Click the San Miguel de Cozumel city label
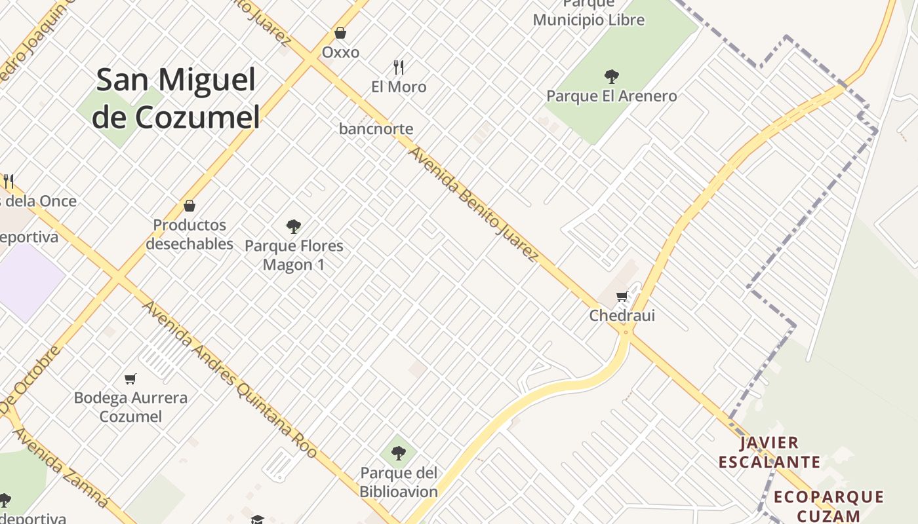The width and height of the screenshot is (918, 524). pyautogui.click(x=176, y=98)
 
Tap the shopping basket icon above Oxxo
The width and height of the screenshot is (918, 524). pyautogui.click(x=340, y=32)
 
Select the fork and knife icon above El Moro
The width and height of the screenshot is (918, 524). pyautogui.click(x=399, y=67)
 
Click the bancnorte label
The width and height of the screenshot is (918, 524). pyautogui.click(x=376, y=129)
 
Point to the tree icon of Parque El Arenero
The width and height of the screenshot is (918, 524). pyautogui.click(x=612, y=76)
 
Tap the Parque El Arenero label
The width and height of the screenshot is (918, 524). pyautogui.click(x=612, y=96)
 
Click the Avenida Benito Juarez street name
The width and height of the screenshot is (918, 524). pyautogui.click(x=474, y=204)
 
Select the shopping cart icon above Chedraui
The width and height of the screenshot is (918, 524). pyautogui.click(x=622, y=296)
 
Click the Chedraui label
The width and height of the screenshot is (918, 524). pyautogui.click(x=622, y=316)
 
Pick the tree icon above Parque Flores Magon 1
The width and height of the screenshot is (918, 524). pyautogui.click(x=294, y=227)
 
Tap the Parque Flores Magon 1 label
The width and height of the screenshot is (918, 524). pyautogui.click(x=294, y=255)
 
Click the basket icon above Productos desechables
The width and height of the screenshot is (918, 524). pyautogui.click(x=190, y=206)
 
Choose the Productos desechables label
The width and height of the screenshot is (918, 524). pyautogui.click(x=190, y=234)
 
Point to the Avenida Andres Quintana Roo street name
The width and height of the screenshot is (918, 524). pyautogui.click(x=229, y=380)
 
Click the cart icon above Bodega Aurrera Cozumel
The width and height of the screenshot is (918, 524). pyautogui.click(x=130, y=379)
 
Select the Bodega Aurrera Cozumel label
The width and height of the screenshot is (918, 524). pyautogui.click(x=130, y=407)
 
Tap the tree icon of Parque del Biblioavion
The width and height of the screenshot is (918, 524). pyautogui.click(x=398, y=453)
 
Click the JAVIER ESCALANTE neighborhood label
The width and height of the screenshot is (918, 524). pyautogui.click(x=769, y=453)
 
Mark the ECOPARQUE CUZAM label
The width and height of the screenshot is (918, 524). pyautogui.click(x=829, y=506)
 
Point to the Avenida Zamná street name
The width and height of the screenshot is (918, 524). pyautogui.click(x=60, y=468)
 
